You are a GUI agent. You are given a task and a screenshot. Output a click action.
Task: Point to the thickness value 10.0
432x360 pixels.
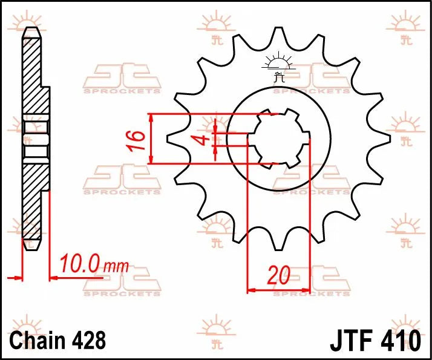pos(79,264)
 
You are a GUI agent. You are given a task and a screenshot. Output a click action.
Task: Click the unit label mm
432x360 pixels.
pos(116,266)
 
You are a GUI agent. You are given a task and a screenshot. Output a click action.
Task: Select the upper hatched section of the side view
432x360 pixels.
pos(33,76)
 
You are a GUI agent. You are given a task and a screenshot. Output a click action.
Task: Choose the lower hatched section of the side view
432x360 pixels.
pos(33,203)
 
